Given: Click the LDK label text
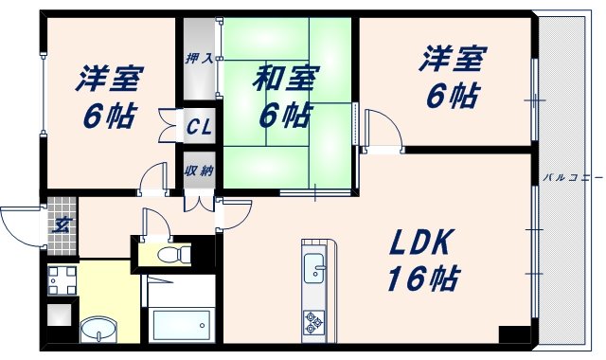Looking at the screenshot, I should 423,244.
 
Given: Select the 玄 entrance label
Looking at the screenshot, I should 60,225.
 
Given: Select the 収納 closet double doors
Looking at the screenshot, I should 199,200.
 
